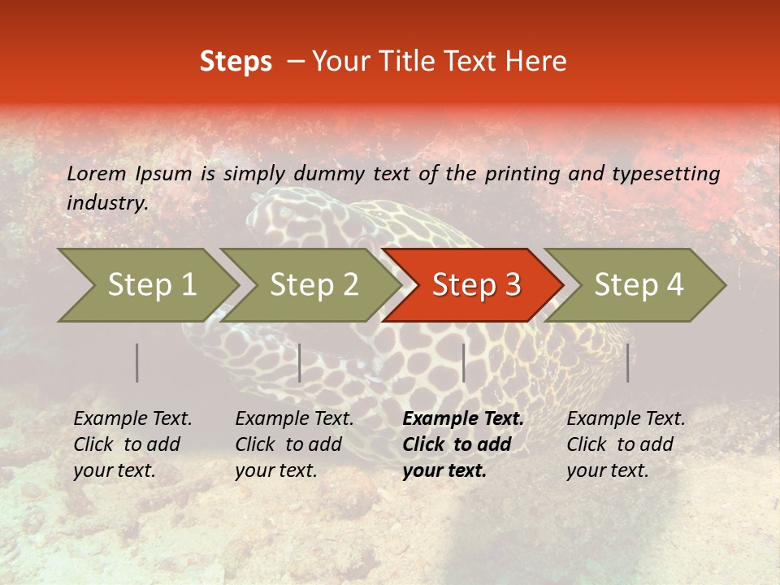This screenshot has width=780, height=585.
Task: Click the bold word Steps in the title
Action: click(x=236, y=62)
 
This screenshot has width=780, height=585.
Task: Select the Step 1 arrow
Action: click(x=151, y=285)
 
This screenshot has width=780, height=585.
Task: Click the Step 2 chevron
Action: click(x=314, y=285)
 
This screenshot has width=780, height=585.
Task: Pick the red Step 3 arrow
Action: click(x=476, y=285)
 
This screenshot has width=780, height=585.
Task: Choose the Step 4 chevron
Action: click(x=639, y=285)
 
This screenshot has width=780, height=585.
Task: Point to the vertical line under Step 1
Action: click(x=136, y=362)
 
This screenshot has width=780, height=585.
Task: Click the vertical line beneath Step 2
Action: click(x=300, y=362)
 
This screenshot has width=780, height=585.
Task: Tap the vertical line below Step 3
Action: click(x=463, y=362)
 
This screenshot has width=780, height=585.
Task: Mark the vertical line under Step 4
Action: click(x=627, y=362)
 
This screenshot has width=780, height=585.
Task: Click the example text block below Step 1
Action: click(x=132, y=444)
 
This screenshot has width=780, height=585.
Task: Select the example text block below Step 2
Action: click(x=294, y=444)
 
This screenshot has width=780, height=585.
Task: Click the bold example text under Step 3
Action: click(x=463, y=444)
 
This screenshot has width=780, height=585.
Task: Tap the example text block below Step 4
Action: click(x=626, y=444)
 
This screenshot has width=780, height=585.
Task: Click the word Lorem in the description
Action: click(x=96, y=173)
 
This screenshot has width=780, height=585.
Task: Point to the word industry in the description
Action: click(x=107, y=203)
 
